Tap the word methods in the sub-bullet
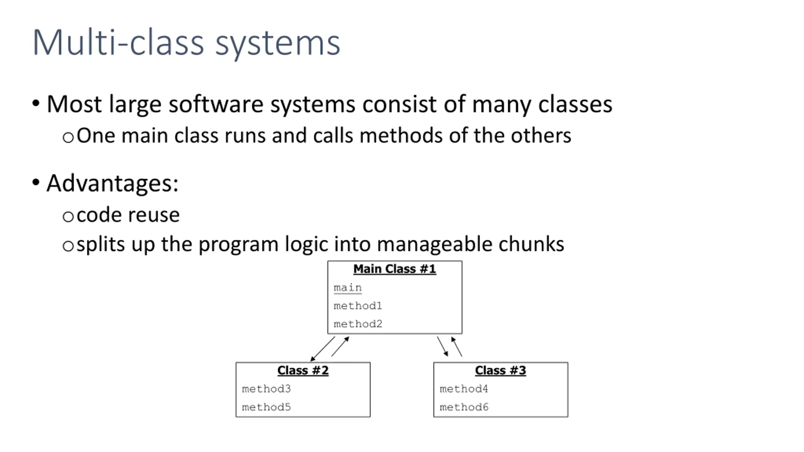[401, 136]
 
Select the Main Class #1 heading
[395, 269]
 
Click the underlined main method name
[348, 288]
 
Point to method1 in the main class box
[358, 305]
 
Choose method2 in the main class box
[358, 324]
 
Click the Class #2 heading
[303, 370]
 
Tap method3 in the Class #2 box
[266, 389]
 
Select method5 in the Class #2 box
[266, 407]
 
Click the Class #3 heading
[501, 370]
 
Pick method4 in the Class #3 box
[464, 389]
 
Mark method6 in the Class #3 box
[464, 407]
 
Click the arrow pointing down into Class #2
[323, 349]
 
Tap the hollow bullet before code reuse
[68, 217]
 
